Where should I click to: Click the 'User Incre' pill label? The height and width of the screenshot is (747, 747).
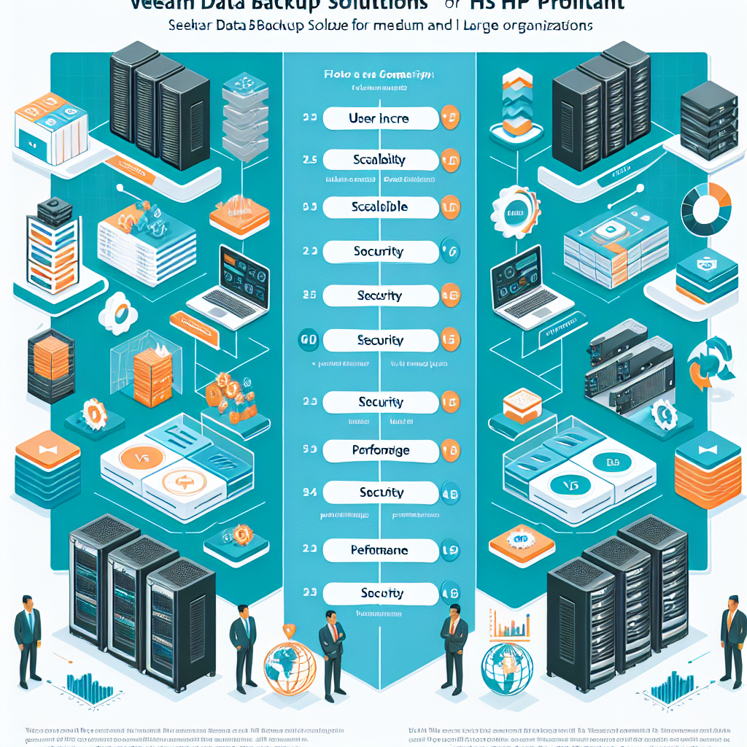pyautogui.click(x=379, y=118)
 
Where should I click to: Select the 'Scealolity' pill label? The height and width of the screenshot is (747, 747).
pyautogui.click(x=379, y=160)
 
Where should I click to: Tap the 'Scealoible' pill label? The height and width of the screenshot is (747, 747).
pyautogui.click(x=379, y=207)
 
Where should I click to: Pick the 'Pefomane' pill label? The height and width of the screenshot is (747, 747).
pyautogui.click(x=379, y=550)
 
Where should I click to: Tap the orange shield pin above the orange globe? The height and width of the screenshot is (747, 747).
pyautogui.click(x=290, y=630)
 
